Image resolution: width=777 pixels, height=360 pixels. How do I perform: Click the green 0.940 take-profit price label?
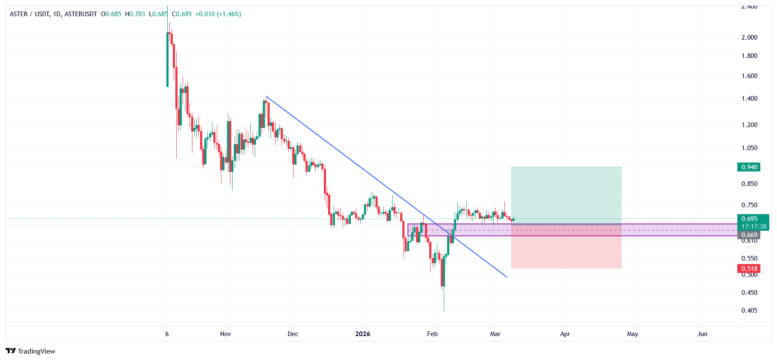[748, 167]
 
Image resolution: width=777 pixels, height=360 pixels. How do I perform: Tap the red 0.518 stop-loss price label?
[748, 269]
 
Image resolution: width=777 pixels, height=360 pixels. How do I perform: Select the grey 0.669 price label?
[748, 235]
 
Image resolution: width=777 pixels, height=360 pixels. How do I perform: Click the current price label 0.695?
[749, 219]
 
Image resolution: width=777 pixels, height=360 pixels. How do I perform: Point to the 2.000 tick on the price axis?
[749, 38]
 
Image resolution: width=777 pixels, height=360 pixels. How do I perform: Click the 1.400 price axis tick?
[749, 99]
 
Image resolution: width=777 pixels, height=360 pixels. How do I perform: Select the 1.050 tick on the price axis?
[749, 148]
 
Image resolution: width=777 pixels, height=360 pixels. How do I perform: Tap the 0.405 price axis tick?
[749, 311]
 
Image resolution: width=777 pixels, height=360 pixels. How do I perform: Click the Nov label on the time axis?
[225, 334]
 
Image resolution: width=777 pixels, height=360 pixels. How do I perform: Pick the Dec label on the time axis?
[293, 334]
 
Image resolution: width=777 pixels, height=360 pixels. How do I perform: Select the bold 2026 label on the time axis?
[363, 334]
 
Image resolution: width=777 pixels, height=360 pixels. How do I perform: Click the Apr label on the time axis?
[565, 334]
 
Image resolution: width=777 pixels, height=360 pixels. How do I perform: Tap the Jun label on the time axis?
[702, 334]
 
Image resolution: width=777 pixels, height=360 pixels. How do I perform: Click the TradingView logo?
[30, 351]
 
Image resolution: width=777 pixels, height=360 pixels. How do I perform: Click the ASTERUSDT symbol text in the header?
[81, 14]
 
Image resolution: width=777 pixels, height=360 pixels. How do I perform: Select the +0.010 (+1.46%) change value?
[218, 14]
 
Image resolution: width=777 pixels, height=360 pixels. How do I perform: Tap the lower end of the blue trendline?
[506, 277]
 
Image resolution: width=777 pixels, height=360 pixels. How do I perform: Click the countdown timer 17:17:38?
[754, 226]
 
